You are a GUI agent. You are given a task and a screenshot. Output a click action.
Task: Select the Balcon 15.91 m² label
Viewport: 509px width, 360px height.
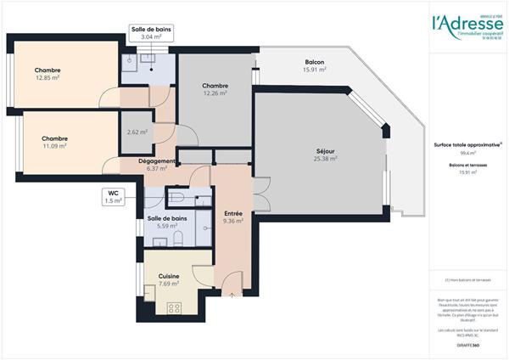click(315, 67)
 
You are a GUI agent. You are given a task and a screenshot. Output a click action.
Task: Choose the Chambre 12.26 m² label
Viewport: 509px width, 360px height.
click(215, 90)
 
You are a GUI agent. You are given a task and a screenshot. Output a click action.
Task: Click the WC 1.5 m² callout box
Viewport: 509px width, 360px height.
click(114, 198)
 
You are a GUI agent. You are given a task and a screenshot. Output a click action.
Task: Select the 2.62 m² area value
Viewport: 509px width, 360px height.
click(137, 132)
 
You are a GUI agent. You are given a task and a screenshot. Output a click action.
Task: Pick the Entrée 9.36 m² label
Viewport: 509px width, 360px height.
click(232, 217)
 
